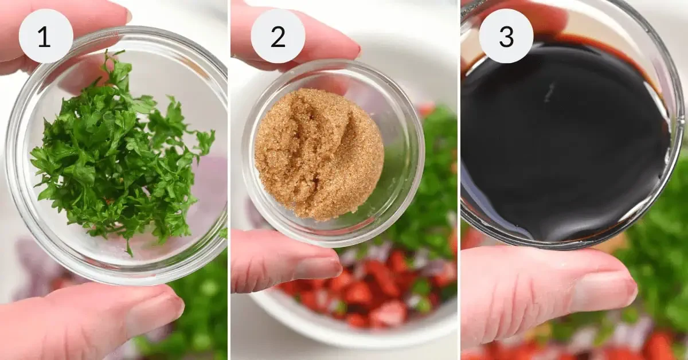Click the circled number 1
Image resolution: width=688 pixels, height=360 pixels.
(45, 36)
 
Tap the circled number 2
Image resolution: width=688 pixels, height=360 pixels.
(277, 36)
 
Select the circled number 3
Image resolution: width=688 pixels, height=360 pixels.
(506, 36)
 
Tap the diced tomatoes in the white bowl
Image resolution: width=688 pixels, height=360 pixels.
(367, 292)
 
